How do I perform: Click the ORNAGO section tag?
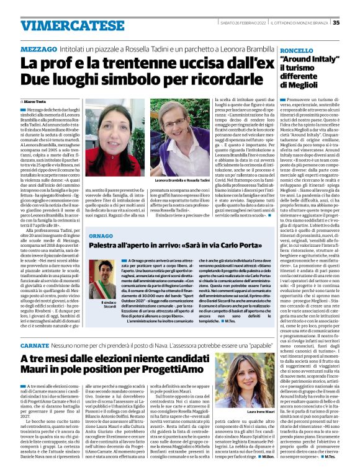[x=100, y=236]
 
